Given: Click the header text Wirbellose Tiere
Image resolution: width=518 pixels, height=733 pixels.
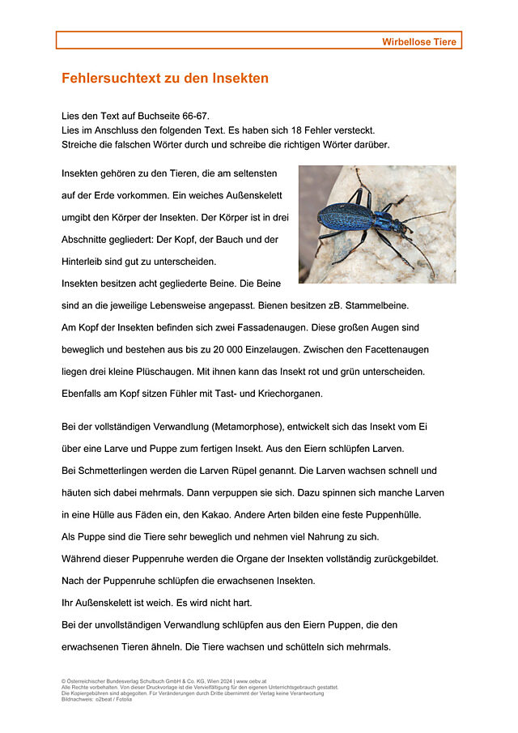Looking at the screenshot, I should [419, 41].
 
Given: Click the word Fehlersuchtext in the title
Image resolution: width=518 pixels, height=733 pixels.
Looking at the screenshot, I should [104, 79].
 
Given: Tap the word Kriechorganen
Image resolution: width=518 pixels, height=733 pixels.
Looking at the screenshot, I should [287, 394].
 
